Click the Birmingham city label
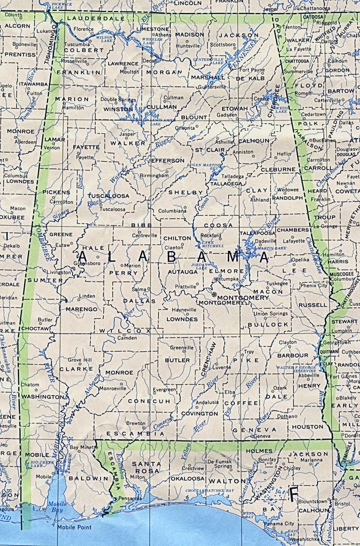[x=154, y=176]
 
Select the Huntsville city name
[x=188, y=46]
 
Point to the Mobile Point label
[x=74, y=527]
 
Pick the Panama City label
[x=279, y=524]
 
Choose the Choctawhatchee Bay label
[x=210, y=491]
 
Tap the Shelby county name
[x=186, y=192]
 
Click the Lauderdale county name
[x=91, y=18]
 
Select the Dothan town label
[x=285, y=416]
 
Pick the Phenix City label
[x=314, y=286]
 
